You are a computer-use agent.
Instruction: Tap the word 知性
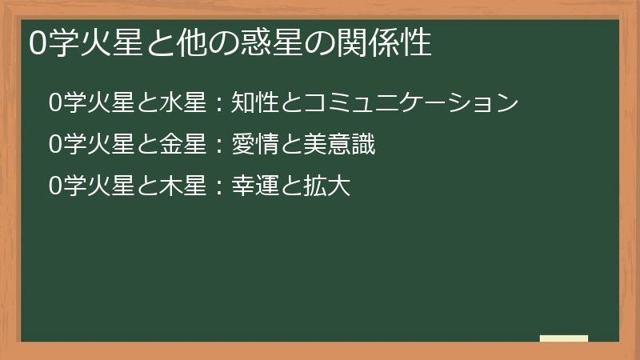pyautogui.click(x=254, y=103)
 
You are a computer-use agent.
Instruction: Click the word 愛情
pyautogui.click(x=254, y=145)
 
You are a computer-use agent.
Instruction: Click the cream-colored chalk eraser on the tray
pyautogui.click(x=564, y=338)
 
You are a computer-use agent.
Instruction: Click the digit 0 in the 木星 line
pyautogui.click(x=54, y=187)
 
